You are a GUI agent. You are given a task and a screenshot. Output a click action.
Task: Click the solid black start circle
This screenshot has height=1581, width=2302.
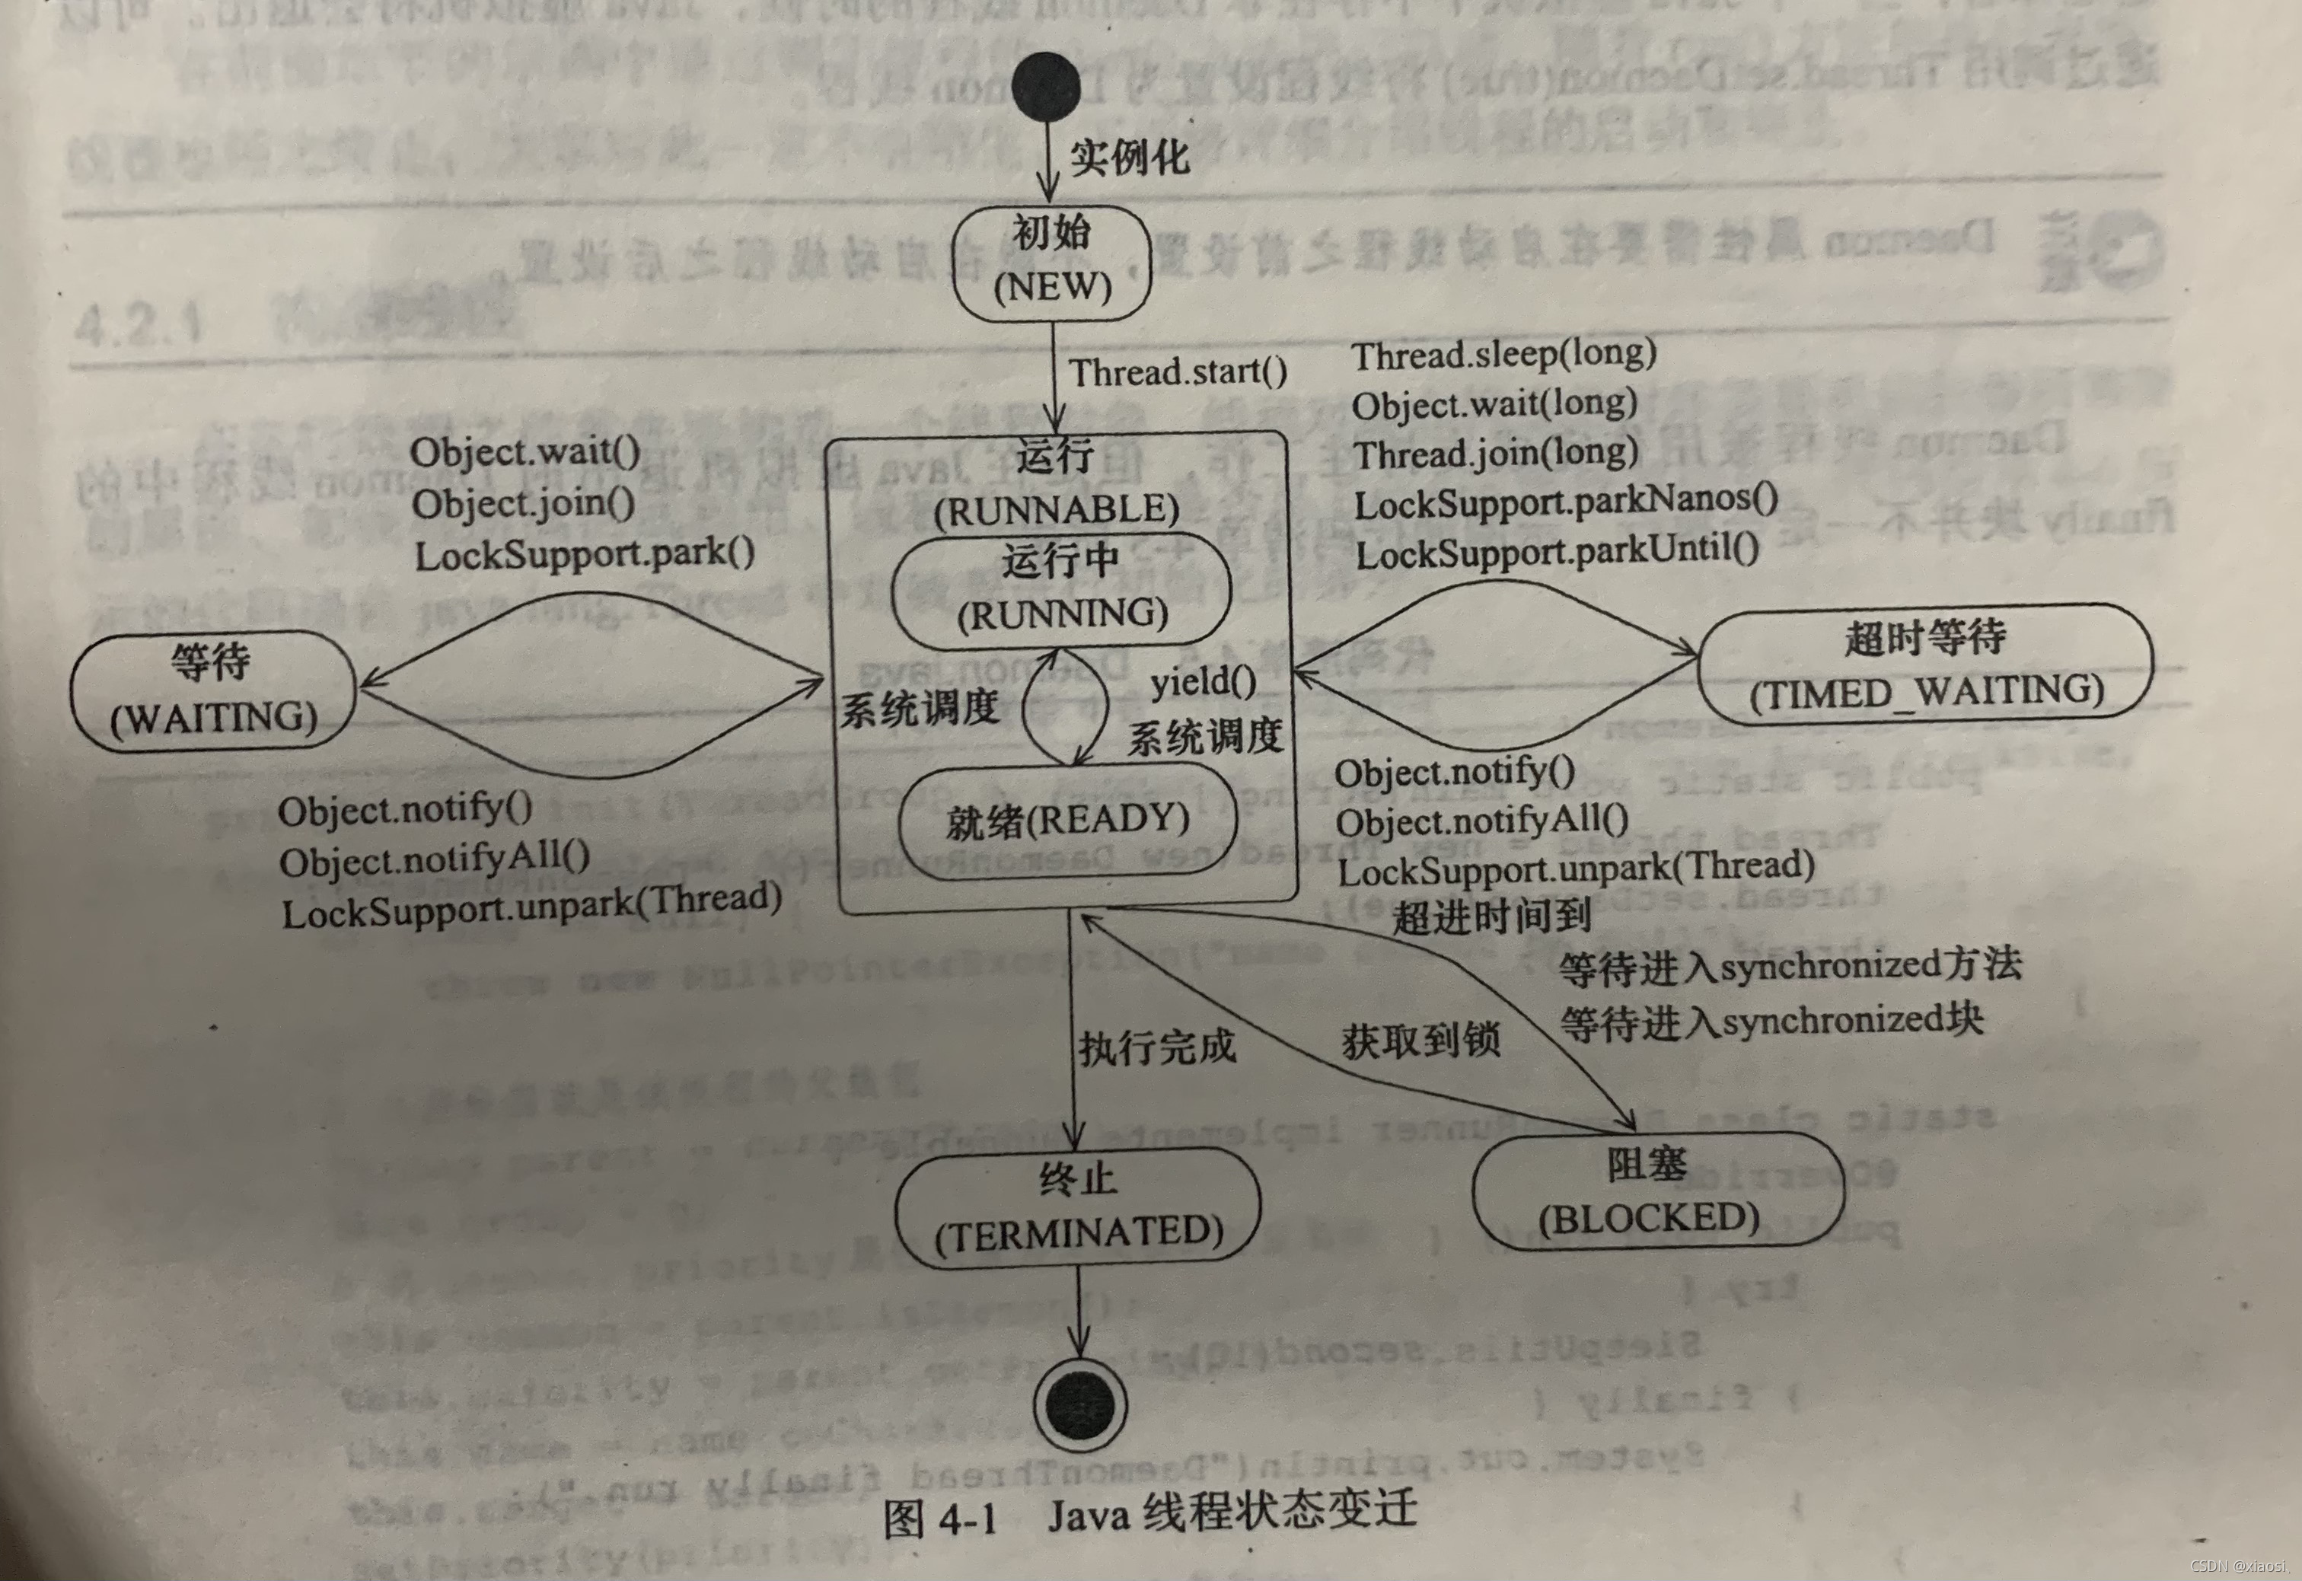click(1046, 88)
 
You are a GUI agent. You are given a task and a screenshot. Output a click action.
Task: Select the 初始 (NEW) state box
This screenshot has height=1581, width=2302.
click(1051, 263)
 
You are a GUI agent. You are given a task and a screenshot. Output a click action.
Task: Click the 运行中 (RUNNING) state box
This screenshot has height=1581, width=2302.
click(1061, 589)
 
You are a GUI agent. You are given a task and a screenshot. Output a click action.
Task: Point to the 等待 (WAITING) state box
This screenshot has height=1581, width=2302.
click(213, 690)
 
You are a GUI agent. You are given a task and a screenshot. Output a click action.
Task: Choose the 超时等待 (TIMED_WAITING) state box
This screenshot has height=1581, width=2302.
click(1924, 665)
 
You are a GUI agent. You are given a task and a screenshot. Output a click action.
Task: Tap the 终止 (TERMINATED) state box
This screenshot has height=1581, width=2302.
click(1078, 1206)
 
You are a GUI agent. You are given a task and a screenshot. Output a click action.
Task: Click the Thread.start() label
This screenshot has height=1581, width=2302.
click(1178, 372)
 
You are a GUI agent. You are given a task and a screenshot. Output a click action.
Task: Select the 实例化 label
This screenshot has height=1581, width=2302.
click(1129, 158)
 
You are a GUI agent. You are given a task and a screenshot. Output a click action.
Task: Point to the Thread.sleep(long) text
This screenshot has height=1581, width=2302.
click(1503, 354)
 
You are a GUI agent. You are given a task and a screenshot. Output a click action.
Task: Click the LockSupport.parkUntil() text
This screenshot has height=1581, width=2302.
click(1556, 552)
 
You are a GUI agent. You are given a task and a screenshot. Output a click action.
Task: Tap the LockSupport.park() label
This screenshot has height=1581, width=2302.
click(585, 553)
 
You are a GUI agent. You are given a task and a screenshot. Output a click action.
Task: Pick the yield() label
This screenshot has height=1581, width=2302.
click(1203, 681)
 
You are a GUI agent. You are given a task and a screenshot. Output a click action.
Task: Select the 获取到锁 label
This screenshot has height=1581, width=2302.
click(1420, 1040)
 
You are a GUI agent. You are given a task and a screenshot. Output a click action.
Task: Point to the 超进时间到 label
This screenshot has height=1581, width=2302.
click(1492, 916)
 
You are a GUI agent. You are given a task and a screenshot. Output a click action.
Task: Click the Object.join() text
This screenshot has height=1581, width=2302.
click(523, 503)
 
